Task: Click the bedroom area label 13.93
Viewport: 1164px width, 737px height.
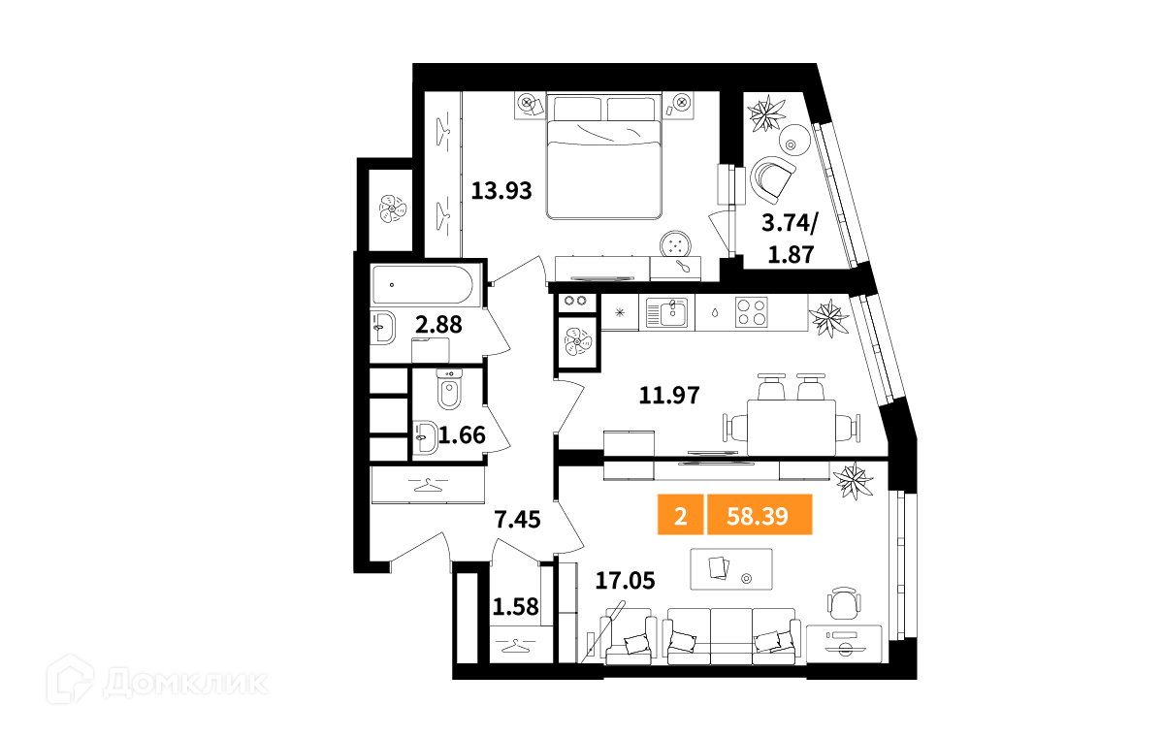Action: [501, 191]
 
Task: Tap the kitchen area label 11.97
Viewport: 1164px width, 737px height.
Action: [669, 396]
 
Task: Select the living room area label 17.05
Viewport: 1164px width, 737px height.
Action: [625, 581]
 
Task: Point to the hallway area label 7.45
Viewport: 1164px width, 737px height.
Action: [518, 520]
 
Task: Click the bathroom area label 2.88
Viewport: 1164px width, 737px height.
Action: [439, 325]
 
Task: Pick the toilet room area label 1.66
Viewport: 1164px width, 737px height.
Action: [462, 435]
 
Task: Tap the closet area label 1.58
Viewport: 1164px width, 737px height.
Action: [515, 607]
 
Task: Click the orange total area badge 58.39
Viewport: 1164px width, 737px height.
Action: [760, 514]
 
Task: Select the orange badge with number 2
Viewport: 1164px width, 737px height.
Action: [680, 514]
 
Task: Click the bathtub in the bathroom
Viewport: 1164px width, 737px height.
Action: [423, 285]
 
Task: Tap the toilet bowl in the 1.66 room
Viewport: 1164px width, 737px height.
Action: [449, 390]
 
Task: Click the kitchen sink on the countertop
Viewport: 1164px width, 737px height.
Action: [667, 313]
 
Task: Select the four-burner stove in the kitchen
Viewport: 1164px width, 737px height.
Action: [752, 312]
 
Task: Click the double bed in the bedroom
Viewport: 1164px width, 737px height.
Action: [603, 156]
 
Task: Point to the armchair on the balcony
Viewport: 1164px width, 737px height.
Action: [773, 179]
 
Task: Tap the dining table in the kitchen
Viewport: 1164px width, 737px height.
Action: [792, 428]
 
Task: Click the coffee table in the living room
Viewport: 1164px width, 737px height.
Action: [731, 569]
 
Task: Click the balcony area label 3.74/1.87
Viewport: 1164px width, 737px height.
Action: [790, 239]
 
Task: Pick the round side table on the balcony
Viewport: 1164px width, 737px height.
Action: [794, 140]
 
